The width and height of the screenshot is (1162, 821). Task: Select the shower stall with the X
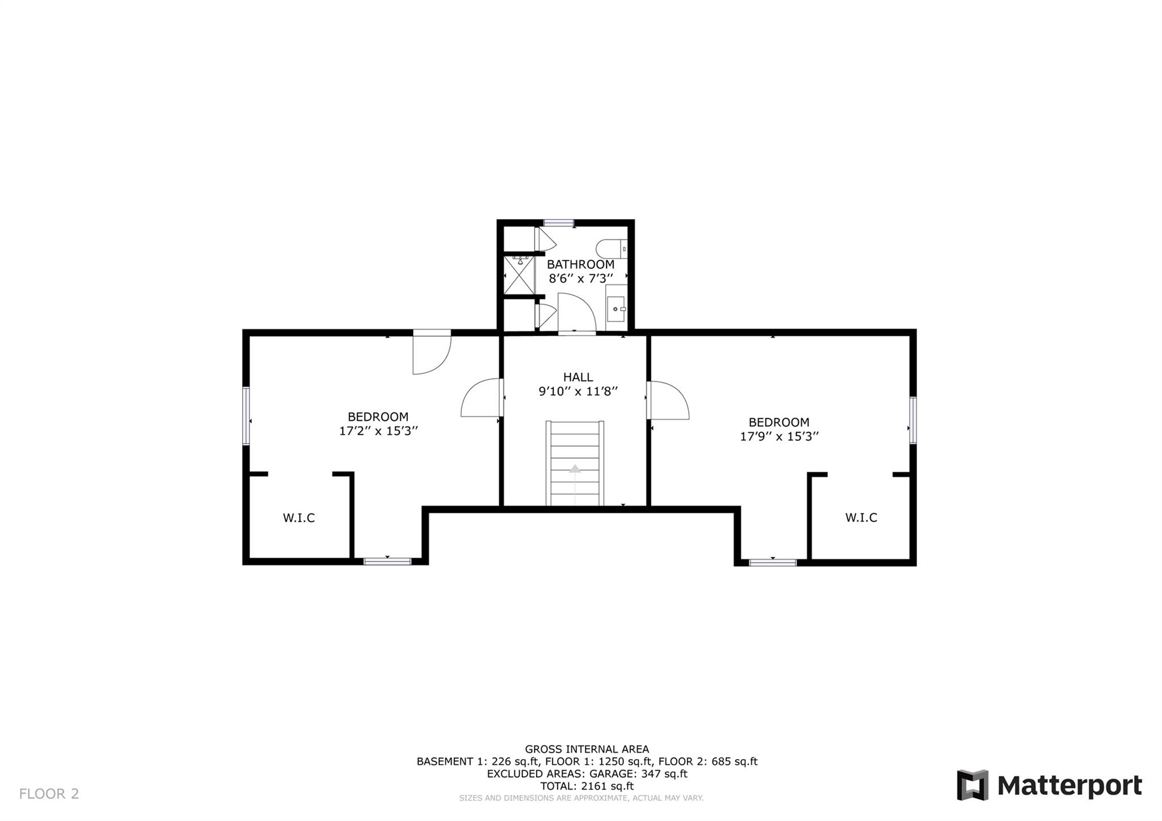tap(519, 275)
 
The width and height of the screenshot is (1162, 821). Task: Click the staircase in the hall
tap(575, 462)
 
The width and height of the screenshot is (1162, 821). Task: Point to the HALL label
tap(578, 377)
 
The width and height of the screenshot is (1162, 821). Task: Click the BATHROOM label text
tap(580, 264)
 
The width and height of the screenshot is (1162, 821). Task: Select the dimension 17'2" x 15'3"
tap(378, 431)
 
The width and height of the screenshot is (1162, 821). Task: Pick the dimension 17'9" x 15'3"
tap(779, 437)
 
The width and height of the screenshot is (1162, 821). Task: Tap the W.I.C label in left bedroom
tap(298, 518)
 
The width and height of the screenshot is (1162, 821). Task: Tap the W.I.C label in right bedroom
tap(861, 518)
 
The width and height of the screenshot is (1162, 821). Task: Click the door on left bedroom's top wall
tap(431, 353)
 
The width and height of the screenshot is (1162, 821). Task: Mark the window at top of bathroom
tap(558, 223)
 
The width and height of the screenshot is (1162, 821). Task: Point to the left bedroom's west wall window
tap(246, 416)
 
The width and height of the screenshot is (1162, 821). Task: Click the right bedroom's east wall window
tap(913, 420)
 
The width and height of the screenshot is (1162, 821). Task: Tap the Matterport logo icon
tap(972, 785)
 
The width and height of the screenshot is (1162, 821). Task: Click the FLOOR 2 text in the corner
tap(49, 794)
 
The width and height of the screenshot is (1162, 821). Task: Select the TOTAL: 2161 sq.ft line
tap(587, 786)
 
